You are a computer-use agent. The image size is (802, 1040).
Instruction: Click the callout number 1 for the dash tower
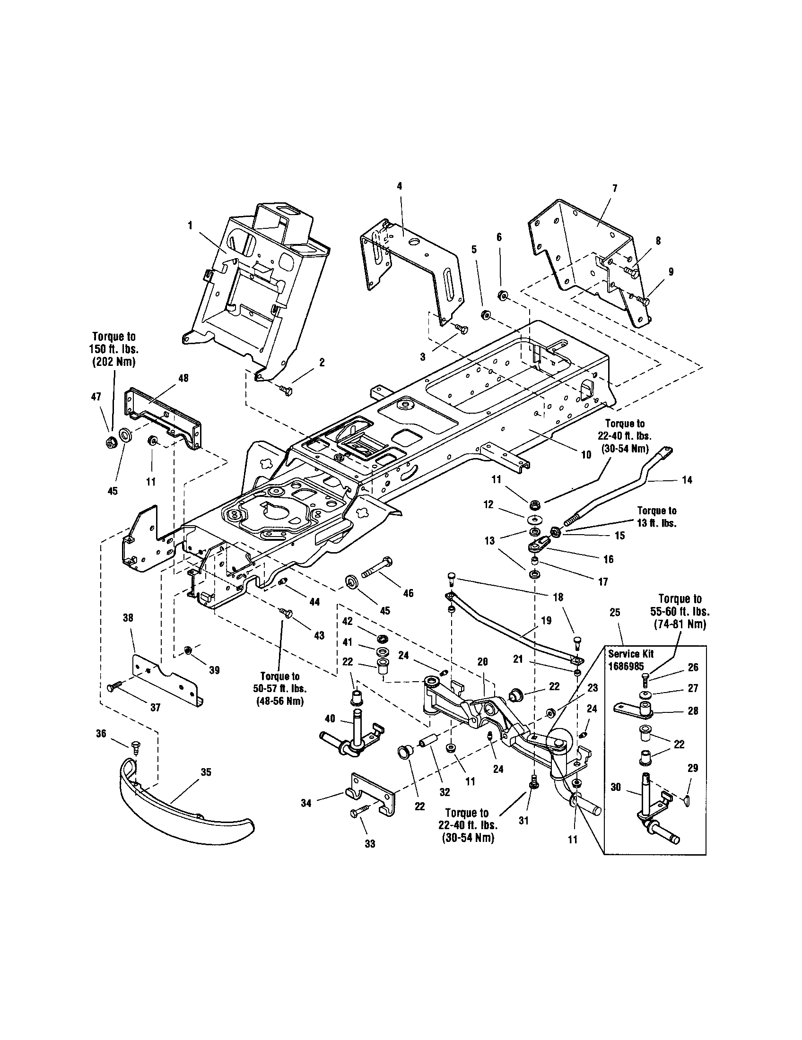[190, 225]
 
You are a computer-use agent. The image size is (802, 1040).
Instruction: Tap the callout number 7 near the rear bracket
[614, 189]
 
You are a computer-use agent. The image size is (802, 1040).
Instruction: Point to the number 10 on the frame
[586, 455]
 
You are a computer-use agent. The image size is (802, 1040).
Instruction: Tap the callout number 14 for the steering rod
[687, 480]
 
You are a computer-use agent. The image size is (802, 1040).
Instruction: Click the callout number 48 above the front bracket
[183, 378]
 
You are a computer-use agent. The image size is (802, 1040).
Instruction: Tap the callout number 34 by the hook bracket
[306, 803]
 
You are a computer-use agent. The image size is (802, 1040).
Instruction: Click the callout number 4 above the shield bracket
[400, 186]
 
